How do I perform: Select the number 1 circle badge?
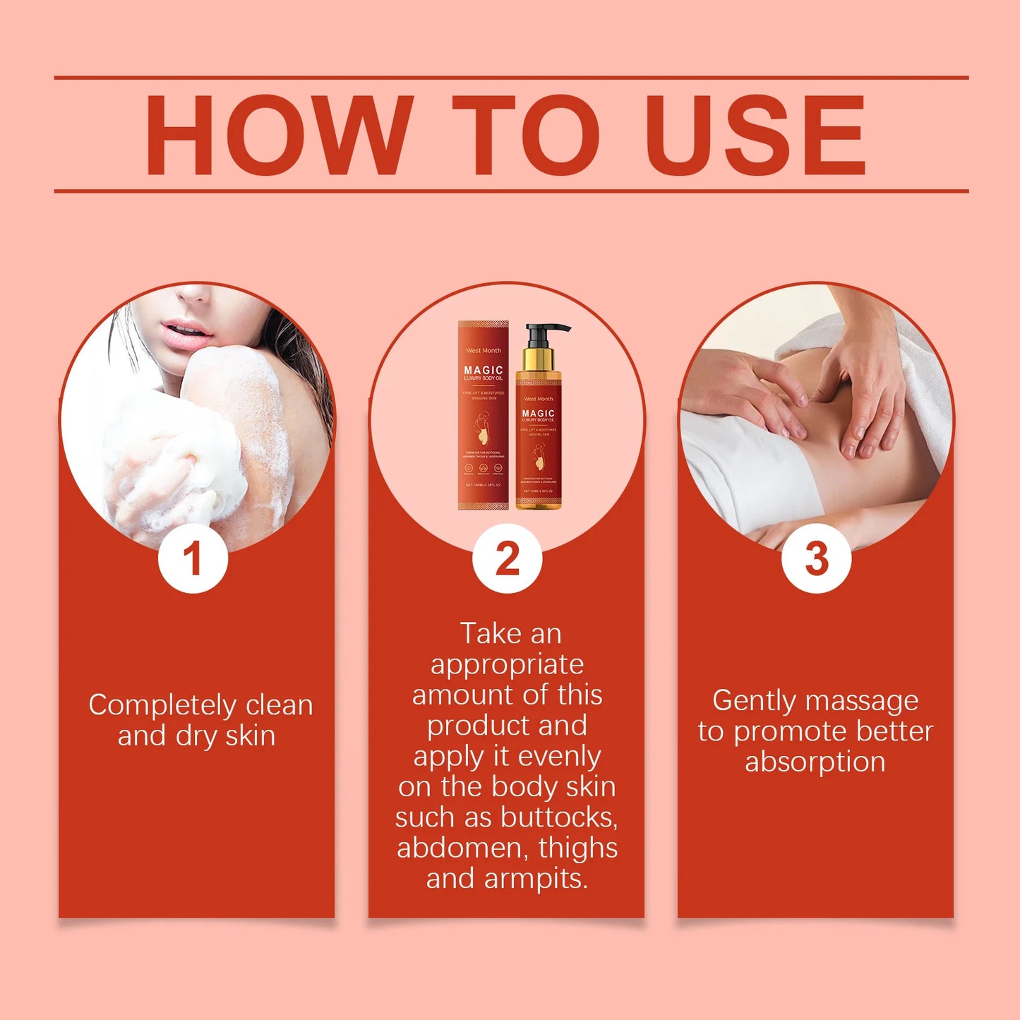coord(193,558)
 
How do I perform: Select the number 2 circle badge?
coord(507,558)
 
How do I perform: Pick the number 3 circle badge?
coord(816,558)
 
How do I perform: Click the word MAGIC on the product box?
coord(484,370)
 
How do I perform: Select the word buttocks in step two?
coord(559,817)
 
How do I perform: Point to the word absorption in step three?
coord(815,762)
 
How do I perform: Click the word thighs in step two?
coord(578,848)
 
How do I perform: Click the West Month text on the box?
coord(484,350)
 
